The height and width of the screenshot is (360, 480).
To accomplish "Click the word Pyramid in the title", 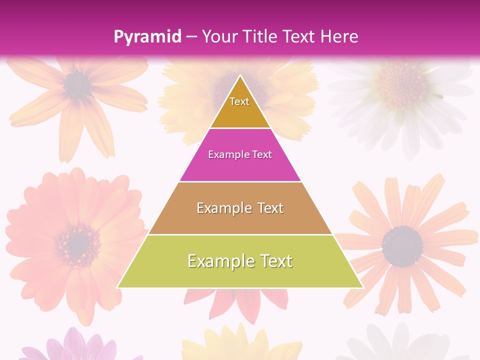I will coord(147,37).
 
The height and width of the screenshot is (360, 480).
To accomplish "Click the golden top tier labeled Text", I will coord(239,107).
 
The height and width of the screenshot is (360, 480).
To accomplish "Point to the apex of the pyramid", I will coord(240,76).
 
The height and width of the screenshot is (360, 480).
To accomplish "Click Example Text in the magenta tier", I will coord(240,154).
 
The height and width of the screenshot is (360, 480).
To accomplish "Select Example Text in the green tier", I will coord(240,261).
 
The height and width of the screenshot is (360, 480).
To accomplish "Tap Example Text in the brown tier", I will coord(240,208).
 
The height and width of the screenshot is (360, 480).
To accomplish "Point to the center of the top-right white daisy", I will coord(400,82).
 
